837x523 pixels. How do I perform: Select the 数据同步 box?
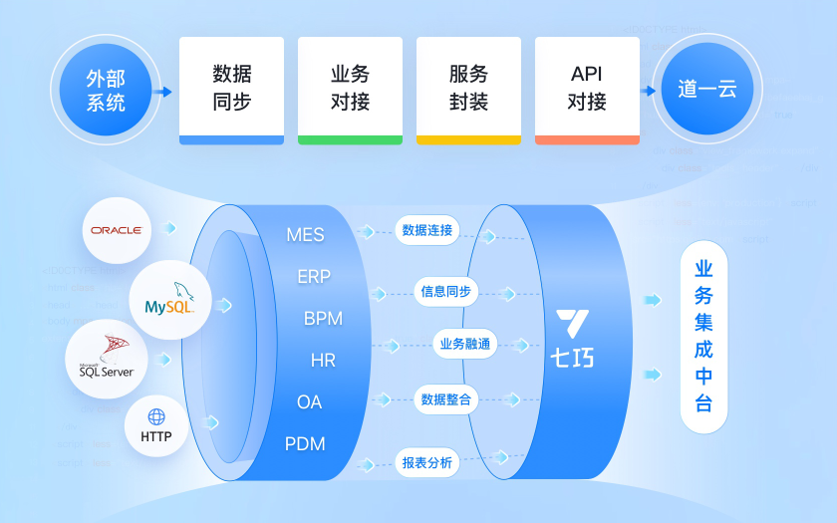231,90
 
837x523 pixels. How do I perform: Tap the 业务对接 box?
350,90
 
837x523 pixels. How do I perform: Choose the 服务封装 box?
468,90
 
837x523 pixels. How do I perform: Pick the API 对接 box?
587,90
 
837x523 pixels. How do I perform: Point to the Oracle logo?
117,229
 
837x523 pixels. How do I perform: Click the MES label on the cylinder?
305,235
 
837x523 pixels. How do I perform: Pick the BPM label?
323,319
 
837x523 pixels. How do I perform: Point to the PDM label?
305,443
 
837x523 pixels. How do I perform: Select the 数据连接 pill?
427,231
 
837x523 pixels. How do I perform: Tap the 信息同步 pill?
445,292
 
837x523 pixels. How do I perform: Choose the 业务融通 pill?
465,345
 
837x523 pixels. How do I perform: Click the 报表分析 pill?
427,462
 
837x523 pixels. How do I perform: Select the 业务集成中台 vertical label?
703,336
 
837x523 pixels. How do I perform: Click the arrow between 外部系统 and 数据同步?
164,92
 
